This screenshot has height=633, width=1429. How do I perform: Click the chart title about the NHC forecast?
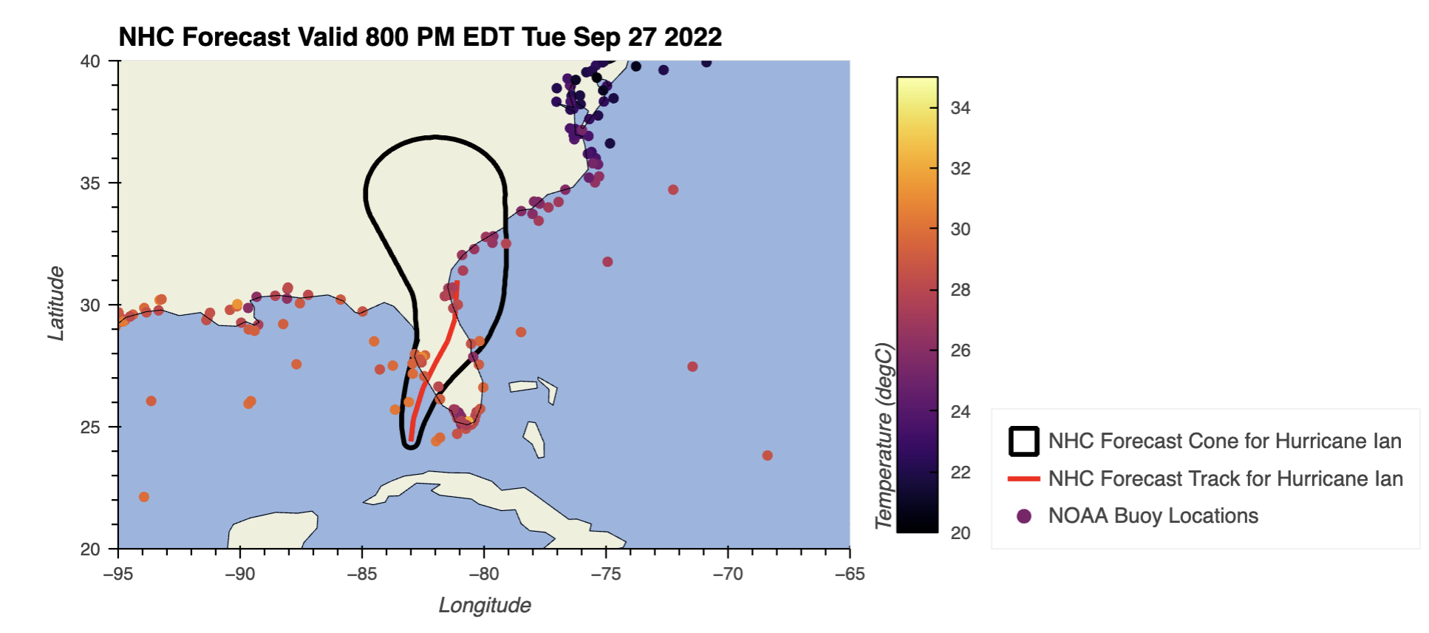click(x=420, y=37)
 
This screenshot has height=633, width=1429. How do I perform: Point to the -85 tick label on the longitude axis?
click(x=361, y=574)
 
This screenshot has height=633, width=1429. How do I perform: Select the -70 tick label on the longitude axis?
click(x=727, y=574)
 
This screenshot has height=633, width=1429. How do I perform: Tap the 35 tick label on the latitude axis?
click(x=90, y=183)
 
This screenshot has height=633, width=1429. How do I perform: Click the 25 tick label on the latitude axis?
click(x=90, y=427)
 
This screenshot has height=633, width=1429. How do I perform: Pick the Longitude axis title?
click(x=485, y=605)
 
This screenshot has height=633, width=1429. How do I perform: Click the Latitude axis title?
click(x=56, y=303)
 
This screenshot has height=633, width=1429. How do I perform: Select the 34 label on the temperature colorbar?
click(x=960, y=108)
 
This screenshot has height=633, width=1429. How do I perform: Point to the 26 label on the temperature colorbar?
click(x=960, y=351)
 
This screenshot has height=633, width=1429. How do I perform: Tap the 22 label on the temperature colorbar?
click(x=960, y=472)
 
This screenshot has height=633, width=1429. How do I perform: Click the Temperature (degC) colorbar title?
click(x=884, y=436)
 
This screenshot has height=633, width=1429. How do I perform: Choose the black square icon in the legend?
click(x=1023, y=441)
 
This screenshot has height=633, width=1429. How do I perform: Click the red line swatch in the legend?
click(x=1023, y=479)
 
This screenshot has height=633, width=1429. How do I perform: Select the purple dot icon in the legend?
click(x=1023, y=516)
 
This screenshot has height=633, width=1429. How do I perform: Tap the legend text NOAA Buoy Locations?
click(x=1153, y=516)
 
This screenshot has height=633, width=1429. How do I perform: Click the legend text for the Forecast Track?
click(x=1225, y=479)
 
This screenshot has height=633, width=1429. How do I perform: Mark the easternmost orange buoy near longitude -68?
click(x=767, y=456)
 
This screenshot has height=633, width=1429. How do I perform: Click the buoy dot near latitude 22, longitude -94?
click(x=143, y=497)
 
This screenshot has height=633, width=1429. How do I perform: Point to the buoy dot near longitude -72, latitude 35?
click(x=673, y=190)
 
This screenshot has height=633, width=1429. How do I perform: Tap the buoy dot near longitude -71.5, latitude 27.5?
click(x=692, y=367)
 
